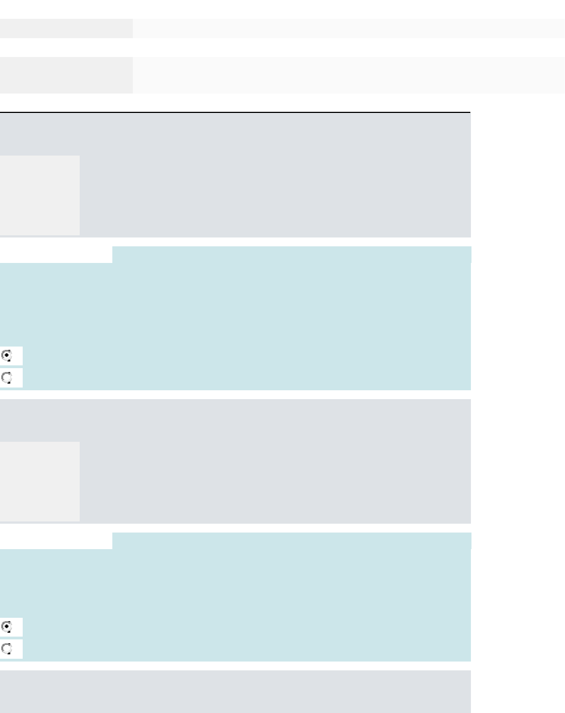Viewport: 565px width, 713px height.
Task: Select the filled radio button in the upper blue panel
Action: [7, 355]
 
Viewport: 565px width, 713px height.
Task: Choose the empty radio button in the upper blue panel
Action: [7, 378]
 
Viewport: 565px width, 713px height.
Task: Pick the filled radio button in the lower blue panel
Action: [7, 627]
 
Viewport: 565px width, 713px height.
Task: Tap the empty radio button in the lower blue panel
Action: [7, 649]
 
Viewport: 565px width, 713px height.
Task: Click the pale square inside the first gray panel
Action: [40, 195]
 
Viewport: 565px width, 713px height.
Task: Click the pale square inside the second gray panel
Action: [40, 481]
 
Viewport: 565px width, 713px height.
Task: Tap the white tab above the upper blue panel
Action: [56, 255]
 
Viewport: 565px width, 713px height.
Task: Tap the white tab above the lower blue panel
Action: [56, 541]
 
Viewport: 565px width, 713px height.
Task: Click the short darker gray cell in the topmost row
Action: [66, 28]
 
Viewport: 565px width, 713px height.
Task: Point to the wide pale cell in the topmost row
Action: [349, 28]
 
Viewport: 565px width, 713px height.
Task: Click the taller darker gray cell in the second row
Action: [66, 75]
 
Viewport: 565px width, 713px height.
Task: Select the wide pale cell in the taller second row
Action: [349, 75]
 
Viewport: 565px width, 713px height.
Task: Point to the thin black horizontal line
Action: [235, 112]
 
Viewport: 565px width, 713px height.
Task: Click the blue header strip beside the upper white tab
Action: [292, 255]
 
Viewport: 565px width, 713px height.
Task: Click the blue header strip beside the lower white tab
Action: [292, 541]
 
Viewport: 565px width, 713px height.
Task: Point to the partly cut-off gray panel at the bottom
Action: [235, 691]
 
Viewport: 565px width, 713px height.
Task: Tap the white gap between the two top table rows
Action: [282, 47]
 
